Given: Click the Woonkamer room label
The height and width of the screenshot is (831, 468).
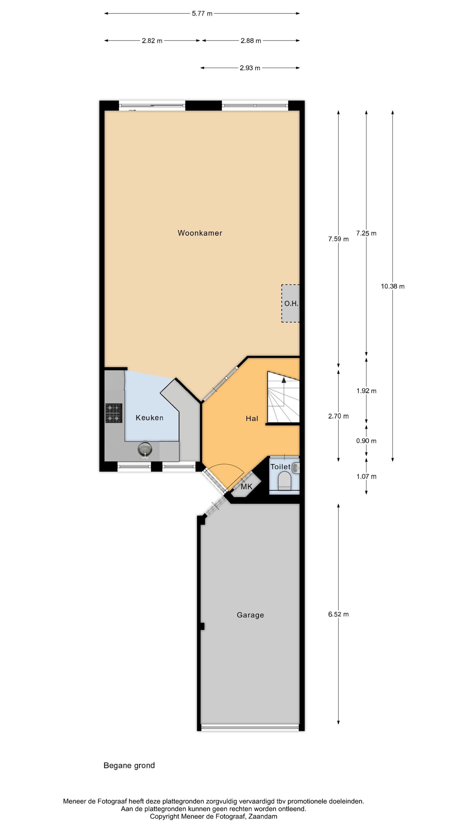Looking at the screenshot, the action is pos(200,233).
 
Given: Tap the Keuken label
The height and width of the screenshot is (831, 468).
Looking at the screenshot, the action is pos(149,418).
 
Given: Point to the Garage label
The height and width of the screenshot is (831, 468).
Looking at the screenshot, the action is pos(250,615).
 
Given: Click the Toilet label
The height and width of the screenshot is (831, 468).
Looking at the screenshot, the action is pos(280,467).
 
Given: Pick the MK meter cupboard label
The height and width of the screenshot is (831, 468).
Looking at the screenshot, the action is pos(246,486).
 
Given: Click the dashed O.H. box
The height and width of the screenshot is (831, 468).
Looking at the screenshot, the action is pos(290,303).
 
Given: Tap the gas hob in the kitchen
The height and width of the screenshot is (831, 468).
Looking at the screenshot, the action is pos(114,413).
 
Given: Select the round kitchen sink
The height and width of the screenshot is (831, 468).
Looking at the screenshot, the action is pos(145,448).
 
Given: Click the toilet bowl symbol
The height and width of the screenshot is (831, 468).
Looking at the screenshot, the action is pos(284,480).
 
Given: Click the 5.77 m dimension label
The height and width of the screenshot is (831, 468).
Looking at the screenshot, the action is pos(202,14).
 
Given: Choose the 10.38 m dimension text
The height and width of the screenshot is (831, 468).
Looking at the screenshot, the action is pos(392,286).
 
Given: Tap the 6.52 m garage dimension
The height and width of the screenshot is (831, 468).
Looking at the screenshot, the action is pos(339,614).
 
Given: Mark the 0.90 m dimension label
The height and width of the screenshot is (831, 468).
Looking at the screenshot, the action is pos(366,441).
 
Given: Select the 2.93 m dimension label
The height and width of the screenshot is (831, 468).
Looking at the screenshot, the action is pos(250,68).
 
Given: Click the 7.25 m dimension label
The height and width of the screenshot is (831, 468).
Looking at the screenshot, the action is pos(366,233).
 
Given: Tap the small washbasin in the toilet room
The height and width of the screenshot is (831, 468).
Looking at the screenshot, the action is pos(296,468).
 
